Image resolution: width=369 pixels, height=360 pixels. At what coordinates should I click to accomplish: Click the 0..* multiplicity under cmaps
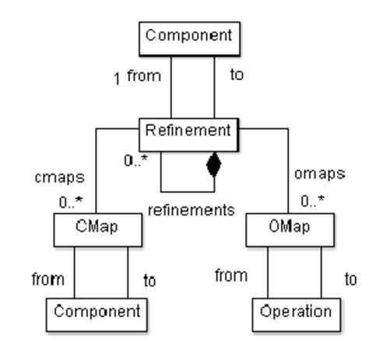pos(76,204)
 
